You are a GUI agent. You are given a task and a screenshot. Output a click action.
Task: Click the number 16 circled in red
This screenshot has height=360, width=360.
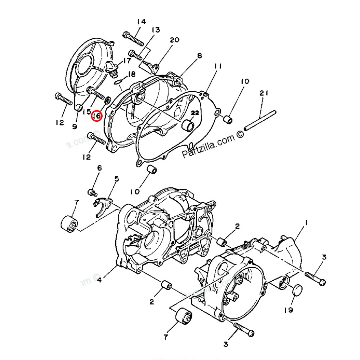[x=97, y=116]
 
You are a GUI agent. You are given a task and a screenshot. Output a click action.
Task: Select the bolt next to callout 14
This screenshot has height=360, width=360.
[x=133, y=37]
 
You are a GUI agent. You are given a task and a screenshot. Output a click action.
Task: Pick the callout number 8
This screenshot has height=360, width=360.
[x=199, y=55]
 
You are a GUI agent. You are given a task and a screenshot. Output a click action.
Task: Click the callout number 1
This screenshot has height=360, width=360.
[x=306, y=224]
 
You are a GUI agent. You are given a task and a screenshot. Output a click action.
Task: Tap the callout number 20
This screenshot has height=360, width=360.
[x=174, y=40]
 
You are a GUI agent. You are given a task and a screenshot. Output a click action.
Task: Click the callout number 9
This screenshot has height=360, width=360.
[x=75, y=126]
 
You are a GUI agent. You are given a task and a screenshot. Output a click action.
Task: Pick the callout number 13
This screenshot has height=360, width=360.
[x=155, y=30]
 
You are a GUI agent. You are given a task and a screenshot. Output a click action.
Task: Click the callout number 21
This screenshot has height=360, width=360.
[x=264, y=94]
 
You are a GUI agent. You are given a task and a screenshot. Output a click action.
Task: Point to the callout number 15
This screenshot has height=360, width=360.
[x=86, y=112]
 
